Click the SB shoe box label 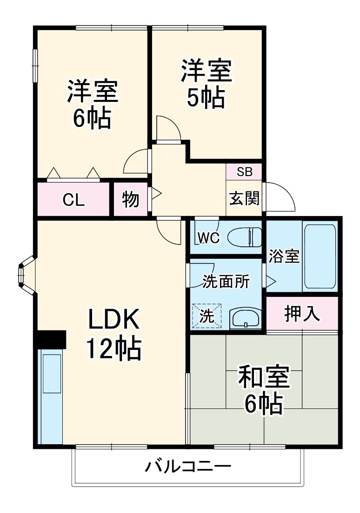click(244, 172)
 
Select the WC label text click(208, 237)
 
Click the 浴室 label click(284, 256)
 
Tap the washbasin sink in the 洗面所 click(246, 319)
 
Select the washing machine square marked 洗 click(207, 316)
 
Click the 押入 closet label click(302, 314)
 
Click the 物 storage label click(131, 200)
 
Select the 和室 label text click(264, 377)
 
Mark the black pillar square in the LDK click(51, 339)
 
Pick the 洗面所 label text click(226, 282)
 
